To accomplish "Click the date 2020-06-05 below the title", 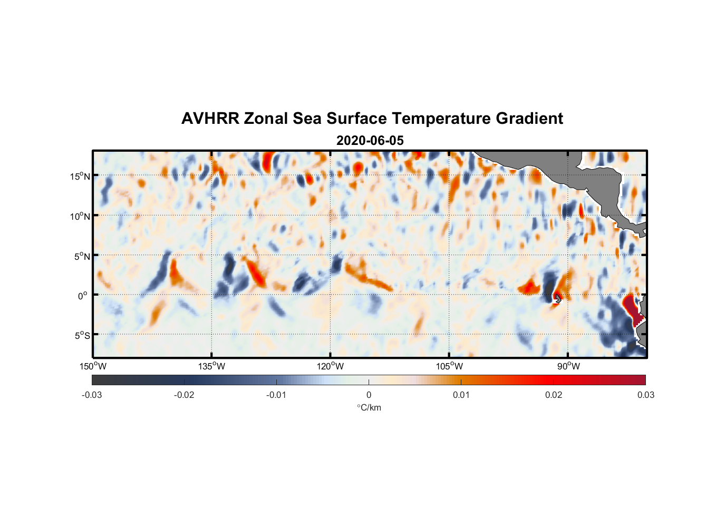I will (370, 141).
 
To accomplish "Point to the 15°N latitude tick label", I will (80, 176).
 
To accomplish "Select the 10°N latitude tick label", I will (80, 216).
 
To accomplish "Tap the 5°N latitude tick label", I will (82, 256).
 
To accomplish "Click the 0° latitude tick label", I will (83, 296).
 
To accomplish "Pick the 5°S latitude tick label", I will (82, 335).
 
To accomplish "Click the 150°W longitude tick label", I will (93, 366).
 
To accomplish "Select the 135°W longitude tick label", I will (211, 366).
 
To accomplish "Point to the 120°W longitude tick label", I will (330, 366).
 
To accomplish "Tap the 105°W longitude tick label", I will (449, 366).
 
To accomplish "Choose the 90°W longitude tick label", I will (568, 366).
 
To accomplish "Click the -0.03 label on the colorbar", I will (92, 395).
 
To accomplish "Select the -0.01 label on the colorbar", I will (276, 395).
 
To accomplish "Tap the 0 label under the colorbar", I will (369, 395).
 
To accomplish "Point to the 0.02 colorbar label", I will (554, 395).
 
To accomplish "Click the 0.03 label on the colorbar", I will (645, 395).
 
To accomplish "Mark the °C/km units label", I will (369, 407).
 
